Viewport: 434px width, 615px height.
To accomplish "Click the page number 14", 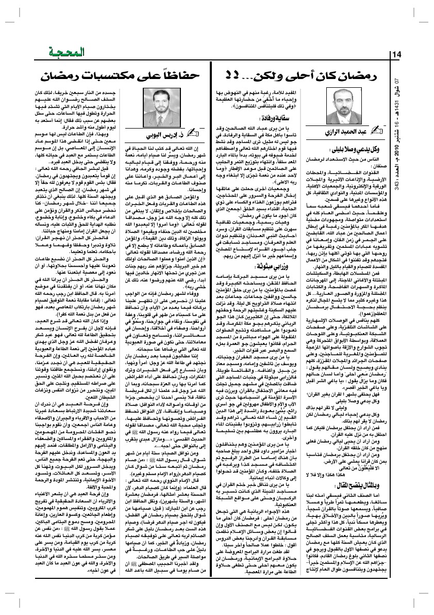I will tap(399, 55).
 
